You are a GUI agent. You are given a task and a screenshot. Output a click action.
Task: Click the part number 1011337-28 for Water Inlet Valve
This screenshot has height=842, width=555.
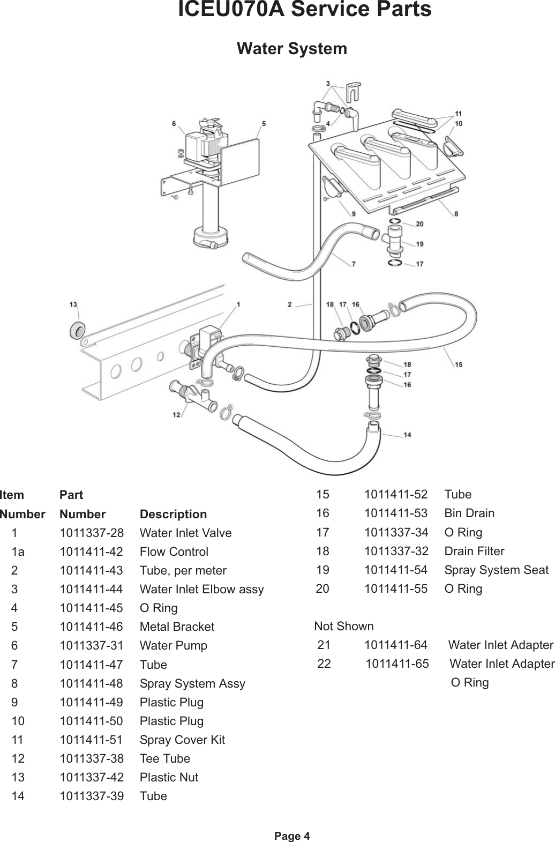point(91,533)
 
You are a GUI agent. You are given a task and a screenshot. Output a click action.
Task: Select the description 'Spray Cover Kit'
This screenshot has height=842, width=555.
point(182,740)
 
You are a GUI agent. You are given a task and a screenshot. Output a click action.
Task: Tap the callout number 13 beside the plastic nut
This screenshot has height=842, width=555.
point(73,304)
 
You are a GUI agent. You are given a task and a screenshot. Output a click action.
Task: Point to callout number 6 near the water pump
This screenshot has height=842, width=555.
point(174,124)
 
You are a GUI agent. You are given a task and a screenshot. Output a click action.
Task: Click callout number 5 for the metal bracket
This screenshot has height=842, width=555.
point(264,124)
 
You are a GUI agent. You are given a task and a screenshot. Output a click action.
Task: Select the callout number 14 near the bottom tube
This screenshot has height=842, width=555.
point(407,435)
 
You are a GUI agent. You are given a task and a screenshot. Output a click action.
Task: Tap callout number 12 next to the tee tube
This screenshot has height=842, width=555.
point(176,414)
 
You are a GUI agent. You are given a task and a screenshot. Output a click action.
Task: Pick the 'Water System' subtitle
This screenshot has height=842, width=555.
point(291,48)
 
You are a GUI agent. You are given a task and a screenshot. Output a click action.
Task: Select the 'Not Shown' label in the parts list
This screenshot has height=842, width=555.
point(344,626)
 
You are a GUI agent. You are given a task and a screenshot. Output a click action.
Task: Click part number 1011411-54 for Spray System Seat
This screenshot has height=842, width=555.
point(396,570)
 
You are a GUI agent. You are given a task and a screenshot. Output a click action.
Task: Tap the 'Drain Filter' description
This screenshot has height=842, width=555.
point(474,551)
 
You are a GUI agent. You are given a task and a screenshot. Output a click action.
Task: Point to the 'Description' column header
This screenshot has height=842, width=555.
point(173,514)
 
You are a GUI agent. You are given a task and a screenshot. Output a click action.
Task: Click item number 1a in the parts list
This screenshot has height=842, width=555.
point(18,552)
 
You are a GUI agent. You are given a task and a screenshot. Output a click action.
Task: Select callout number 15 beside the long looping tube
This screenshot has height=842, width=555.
point(459,364)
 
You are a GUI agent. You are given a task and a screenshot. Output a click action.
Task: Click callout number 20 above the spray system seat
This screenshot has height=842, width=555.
point(419,224)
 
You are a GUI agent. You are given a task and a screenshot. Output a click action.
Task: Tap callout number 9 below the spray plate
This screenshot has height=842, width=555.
point(353,214)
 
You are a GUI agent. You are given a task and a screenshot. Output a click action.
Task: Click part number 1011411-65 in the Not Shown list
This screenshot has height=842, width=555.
point(397,664)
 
